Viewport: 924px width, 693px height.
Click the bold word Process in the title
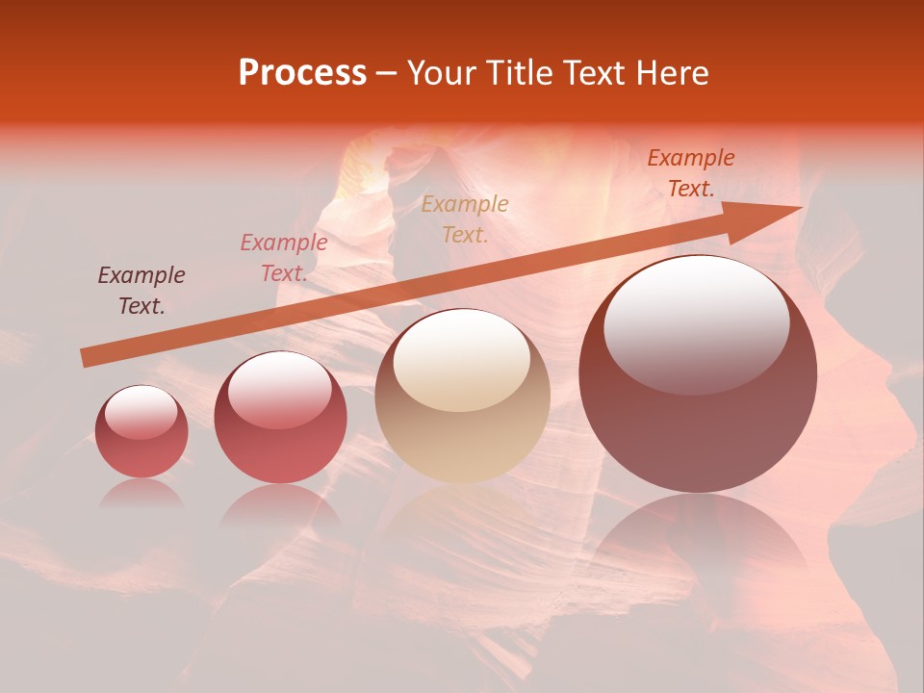(x=302, y=73)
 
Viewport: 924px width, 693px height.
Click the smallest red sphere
(x=141, y=432)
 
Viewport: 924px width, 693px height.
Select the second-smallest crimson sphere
(x=280, y=418)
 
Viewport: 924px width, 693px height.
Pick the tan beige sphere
(x=462, y=397)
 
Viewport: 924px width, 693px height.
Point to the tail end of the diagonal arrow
(x=84, y=358)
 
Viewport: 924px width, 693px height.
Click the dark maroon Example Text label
(x=141, y=290)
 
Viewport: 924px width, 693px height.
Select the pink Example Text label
(x=284, y=257)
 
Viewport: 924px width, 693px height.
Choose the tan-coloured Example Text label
(x=465, y=218)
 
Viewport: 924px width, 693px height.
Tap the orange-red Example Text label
(x=691, y=173)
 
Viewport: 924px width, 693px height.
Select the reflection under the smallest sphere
(x=141, y=493)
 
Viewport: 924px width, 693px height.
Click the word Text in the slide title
(x=597, y=73)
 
